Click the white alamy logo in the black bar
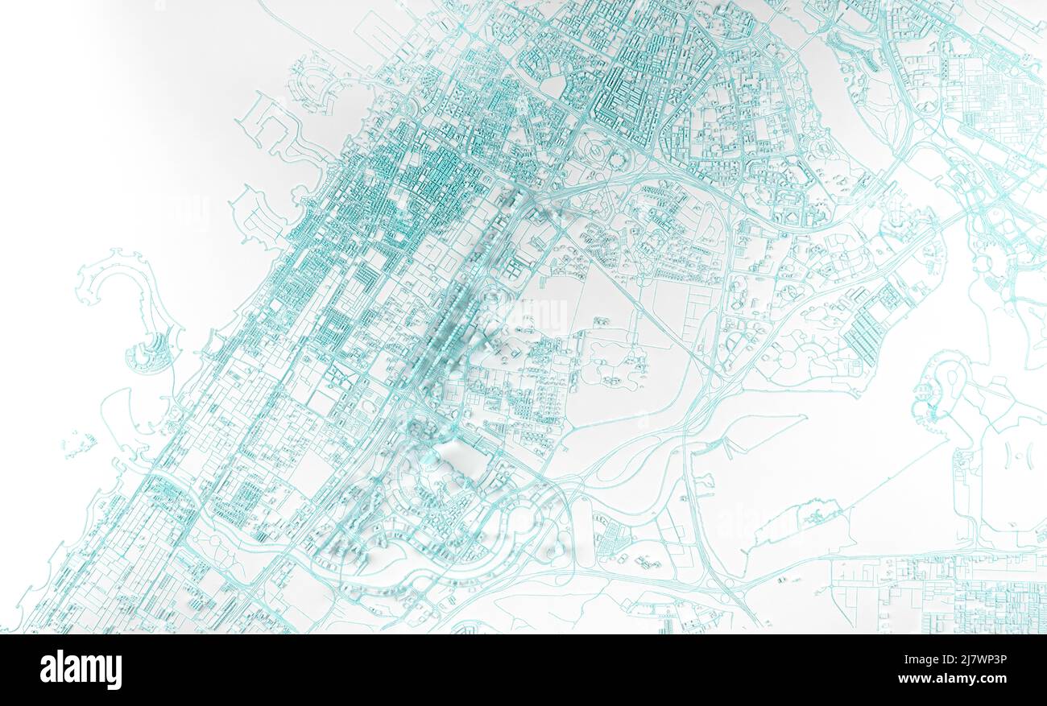81,670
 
